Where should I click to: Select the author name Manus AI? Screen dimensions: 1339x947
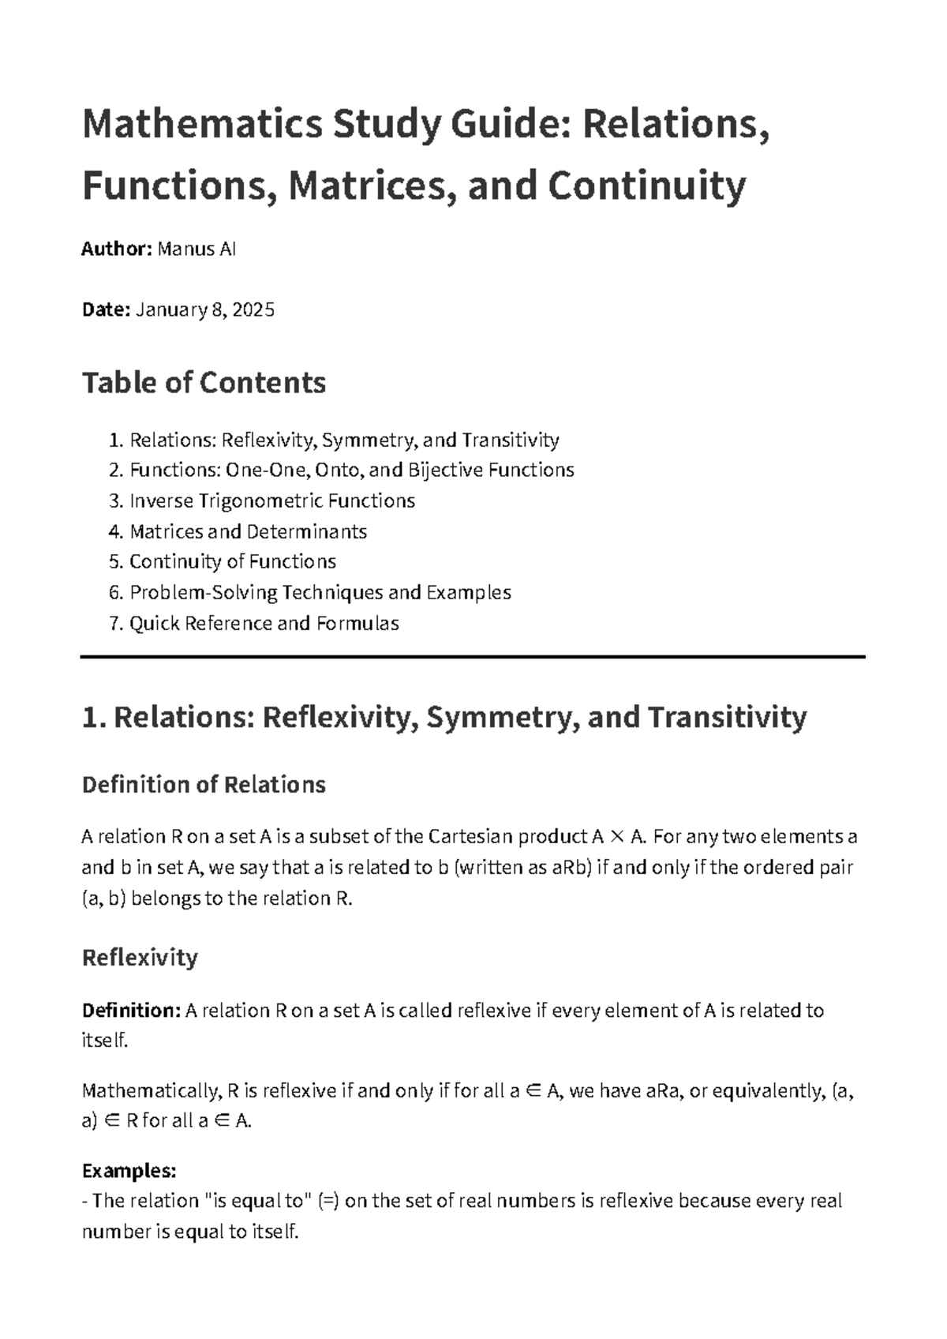pyautogui.click(x=197, y=249)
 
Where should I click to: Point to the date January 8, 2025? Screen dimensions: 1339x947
pyautogui.click(x=205, y=309)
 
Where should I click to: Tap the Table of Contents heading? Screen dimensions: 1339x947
pyautogui.click(x=204, y=383)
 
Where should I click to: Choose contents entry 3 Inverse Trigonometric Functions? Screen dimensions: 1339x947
pyautogui.click(x=271, y=501)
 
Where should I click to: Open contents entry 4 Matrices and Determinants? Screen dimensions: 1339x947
pyautogui.click(x=248, y=531)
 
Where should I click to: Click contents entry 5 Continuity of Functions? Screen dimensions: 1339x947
pyautogui.click(x=232, y=561)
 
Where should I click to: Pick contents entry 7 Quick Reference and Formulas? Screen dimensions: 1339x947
pyautogui.click(x=264, y=623)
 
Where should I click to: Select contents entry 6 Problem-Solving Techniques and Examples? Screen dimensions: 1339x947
pyautogui.click(x=320, y=592)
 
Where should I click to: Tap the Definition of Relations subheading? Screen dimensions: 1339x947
pyautogui.click(x=204, y=785)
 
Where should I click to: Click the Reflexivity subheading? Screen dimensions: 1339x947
pyautogui.click(x=140, y=958)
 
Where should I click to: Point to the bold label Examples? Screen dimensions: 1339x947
pyautogui.click(x=129, y=1170)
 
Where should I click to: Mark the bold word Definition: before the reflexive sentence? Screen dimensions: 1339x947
pyautogui.click(x=131, y=1011)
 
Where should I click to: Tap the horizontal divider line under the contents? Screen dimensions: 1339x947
pyautogui.click(x=473, y=656)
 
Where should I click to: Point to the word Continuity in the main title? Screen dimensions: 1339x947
pyautogui.click(x=646, y=186)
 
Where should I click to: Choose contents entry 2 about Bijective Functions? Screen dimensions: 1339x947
pyautogui.click(x=351, y=470)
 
